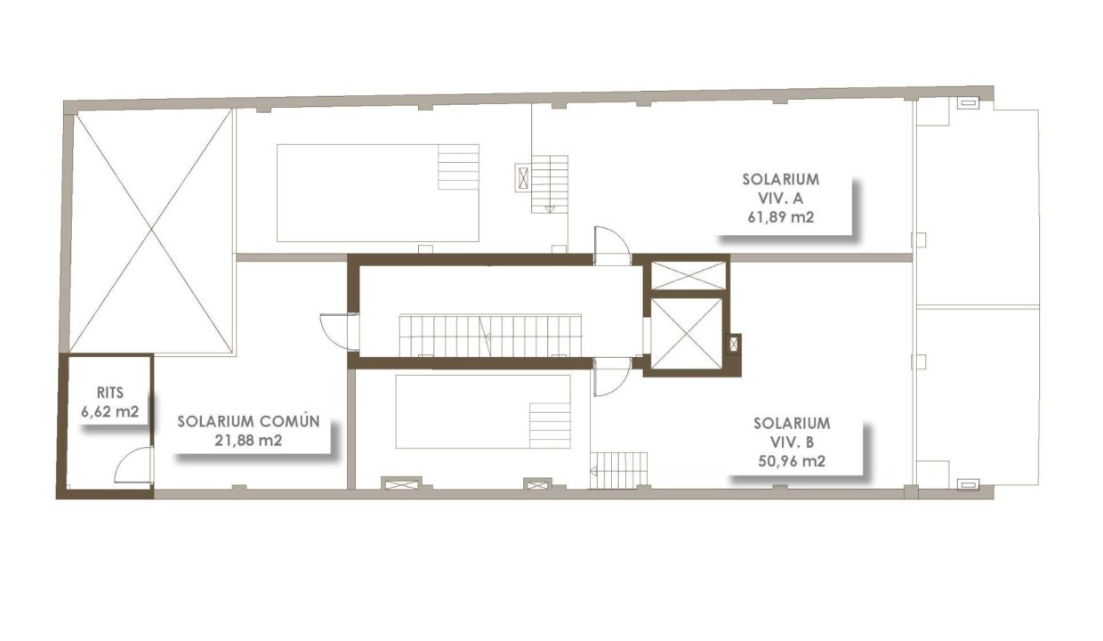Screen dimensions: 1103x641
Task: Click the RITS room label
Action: [x=109, y=393]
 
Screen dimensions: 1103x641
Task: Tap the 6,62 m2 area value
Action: [x=109, y=411]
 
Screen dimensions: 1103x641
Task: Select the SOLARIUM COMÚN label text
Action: [x=249, y=421]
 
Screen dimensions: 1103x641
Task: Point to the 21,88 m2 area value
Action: [x=248, y=440]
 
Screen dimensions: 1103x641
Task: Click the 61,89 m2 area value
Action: [x=781, y=217]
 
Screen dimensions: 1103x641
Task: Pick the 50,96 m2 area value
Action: [x=792, y=461]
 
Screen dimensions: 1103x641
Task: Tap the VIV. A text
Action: [x=781, y=198]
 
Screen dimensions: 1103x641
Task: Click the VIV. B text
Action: [x=792, y=442]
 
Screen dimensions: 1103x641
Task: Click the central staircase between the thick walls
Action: [x=490, y=335]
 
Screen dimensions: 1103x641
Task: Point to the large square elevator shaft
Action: [x=687, y=334]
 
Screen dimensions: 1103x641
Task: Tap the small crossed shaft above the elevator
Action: [x=688, y=276]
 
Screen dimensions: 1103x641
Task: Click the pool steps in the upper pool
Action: [x=458, y=167]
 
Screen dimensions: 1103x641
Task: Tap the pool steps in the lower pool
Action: [x=550, y=426]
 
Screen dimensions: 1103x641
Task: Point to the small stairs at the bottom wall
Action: [x=618, y=471]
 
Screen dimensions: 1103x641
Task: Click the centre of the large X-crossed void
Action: [x=151, y=231]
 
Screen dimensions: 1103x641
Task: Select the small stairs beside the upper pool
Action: [x=550, y=184]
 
